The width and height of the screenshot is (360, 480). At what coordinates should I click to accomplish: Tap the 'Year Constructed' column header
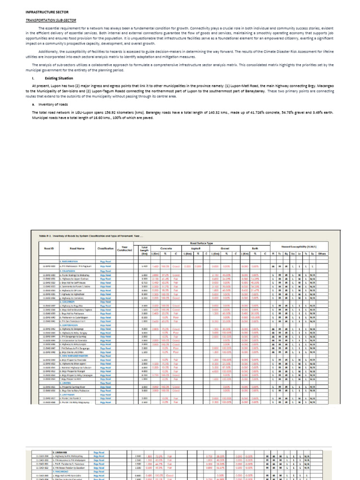(124, 248)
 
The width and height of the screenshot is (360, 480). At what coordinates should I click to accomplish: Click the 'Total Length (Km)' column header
(144, 250)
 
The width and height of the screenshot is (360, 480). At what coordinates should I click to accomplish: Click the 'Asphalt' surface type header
(196, 248)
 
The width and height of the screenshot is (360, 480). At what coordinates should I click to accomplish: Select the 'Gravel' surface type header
(225, 248)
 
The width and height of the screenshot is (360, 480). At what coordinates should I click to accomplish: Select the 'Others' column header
(322, 254)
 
